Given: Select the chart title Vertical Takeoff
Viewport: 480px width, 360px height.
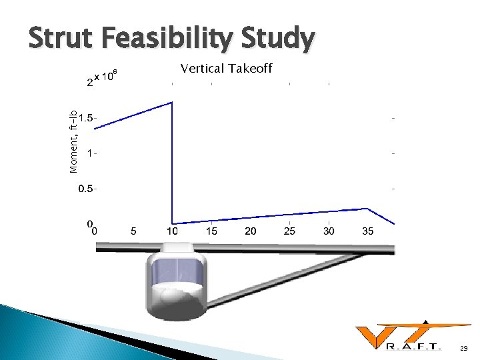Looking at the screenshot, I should tap(226, 68).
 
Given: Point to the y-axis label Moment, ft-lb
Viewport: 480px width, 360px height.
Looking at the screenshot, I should tap(74, 141).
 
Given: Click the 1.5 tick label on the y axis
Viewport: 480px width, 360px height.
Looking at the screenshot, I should tap(86, 117).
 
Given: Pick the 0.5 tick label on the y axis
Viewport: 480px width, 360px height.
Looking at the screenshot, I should tap(86, 189).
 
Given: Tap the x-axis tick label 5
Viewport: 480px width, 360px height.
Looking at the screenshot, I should tap(133, 231).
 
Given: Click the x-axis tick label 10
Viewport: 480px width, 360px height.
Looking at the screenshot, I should tap(172, 231).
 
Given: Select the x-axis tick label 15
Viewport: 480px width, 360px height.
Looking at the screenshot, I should tap(211, 231).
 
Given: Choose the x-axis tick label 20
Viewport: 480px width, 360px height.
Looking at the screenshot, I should tap(251, 231).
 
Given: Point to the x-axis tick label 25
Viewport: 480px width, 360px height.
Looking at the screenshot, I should tap(289, 231).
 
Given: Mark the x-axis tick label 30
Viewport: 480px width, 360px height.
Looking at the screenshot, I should tap(329, 231).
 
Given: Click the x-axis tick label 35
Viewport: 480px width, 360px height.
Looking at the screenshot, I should tap(368, 231).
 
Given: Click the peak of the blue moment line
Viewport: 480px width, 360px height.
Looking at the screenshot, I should tap(172, 102).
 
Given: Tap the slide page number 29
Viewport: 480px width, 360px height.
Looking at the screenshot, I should tap(464, 348).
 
